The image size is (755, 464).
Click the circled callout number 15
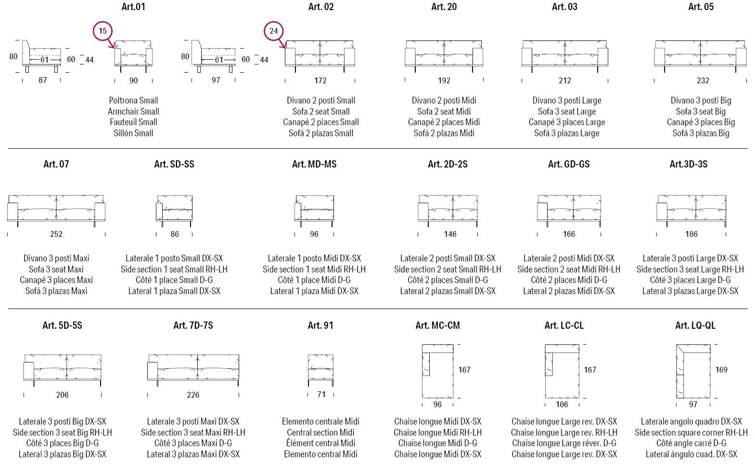[102, 31]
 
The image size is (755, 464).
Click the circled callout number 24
[273, 31]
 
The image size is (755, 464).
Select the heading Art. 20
[444, 7]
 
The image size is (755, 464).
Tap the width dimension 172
[320, 80]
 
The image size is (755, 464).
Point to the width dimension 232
[703, 80]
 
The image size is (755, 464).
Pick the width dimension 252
[56, 234]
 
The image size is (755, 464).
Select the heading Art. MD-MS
[314, 164]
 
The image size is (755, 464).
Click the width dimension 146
[450, 234]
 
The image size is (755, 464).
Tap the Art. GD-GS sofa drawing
[569, 210]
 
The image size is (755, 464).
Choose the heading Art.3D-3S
[688, 164]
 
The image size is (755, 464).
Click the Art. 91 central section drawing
[320, 369]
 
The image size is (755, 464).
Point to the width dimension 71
[321, 394]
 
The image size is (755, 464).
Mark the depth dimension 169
[721, 370]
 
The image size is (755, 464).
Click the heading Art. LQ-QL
[695, 325]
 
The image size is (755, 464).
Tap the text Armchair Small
[133, 111]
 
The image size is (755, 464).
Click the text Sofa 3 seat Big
[701, 111]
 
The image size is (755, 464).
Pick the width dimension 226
[193, 395]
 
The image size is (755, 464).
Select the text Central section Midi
[320, 432]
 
